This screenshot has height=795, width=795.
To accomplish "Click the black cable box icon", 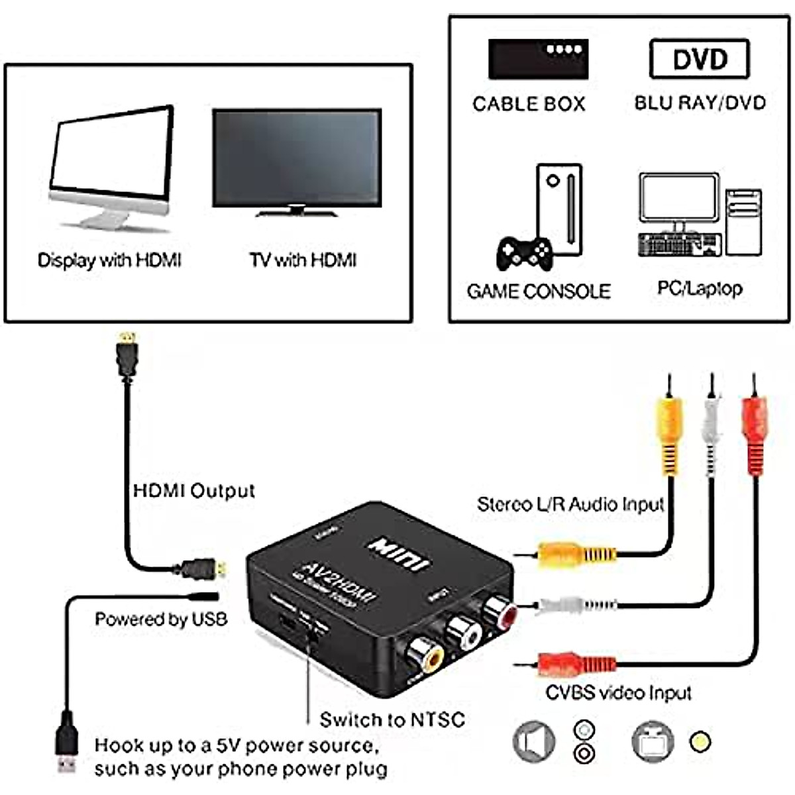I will point(538,59).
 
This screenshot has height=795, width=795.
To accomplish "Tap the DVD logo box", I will point(700,59).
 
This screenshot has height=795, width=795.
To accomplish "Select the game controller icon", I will point(524,253).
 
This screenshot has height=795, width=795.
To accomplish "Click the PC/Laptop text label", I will point(700,288).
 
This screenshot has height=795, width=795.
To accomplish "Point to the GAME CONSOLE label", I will point(539,291).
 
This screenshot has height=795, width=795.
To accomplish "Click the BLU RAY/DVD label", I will point(700,103).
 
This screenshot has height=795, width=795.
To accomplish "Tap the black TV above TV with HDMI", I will point(297,159).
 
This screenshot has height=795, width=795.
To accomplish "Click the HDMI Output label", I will point(193,491).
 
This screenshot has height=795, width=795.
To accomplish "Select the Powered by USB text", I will point(161,619).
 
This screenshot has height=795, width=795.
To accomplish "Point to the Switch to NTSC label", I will point(392,719).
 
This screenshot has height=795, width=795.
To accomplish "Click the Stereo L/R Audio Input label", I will point(570,504).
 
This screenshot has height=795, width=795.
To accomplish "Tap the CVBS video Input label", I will point(618,693).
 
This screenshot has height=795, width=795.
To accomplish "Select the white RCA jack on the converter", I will point(464,633).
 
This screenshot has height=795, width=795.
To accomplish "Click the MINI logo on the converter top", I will point(399,553).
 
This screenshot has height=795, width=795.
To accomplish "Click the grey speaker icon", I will point(534,741).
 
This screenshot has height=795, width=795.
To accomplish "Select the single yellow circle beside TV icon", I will point(700,741).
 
